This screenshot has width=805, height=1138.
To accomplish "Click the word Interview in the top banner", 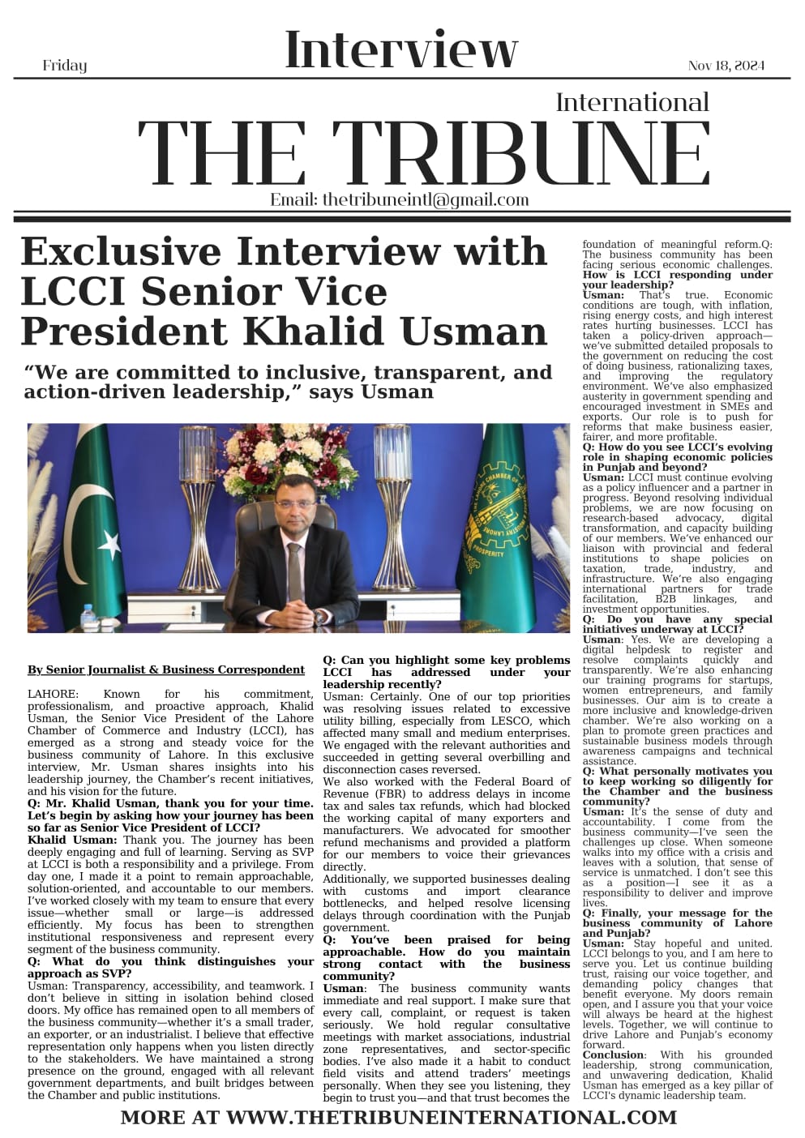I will coord(401,49).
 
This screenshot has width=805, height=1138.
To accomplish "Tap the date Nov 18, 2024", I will coord(726,66).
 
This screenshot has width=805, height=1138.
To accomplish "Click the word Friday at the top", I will coord(64,66).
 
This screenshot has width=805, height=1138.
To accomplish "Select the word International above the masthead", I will coord(632,102).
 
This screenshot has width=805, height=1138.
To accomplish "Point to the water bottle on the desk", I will coord(88,616).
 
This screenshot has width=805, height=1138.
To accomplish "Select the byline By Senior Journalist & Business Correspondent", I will coord(166,670).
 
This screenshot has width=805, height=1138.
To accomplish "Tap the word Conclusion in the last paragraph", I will coord(612,1055).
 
